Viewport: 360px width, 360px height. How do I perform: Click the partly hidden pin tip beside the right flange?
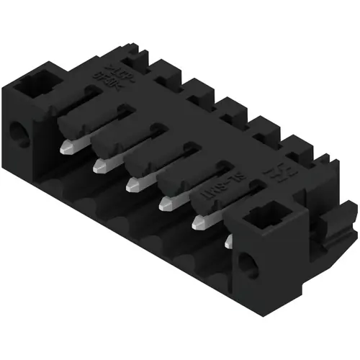(x=228, y=242)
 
